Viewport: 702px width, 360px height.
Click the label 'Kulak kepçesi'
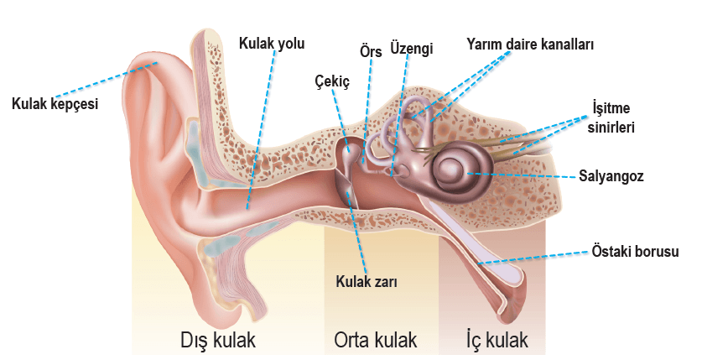[x=55, y=104]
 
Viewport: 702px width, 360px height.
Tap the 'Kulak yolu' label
[x=272, y=44]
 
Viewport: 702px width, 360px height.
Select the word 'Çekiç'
[x=332, y=81]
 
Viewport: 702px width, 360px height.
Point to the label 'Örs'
[x=371, y=51]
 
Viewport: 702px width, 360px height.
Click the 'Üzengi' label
[x=412, y=49]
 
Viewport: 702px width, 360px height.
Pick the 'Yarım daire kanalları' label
[x=530, y=44]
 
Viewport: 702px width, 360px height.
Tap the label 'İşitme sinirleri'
[x=611, y=117]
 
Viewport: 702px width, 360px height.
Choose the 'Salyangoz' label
[x=611, y=176]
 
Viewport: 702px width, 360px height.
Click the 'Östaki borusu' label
[x=635, y=251]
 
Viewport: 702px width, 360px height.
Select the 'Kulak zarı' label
[x=367, y=282]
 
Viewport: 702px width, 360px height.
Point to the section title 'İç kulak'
[x=497, y=340]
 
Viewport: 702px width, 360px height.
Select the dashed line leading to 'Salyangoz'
[x=521, y=175]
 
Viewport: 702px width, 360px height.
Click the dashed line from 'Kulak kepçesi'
[x=107, y=79]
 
